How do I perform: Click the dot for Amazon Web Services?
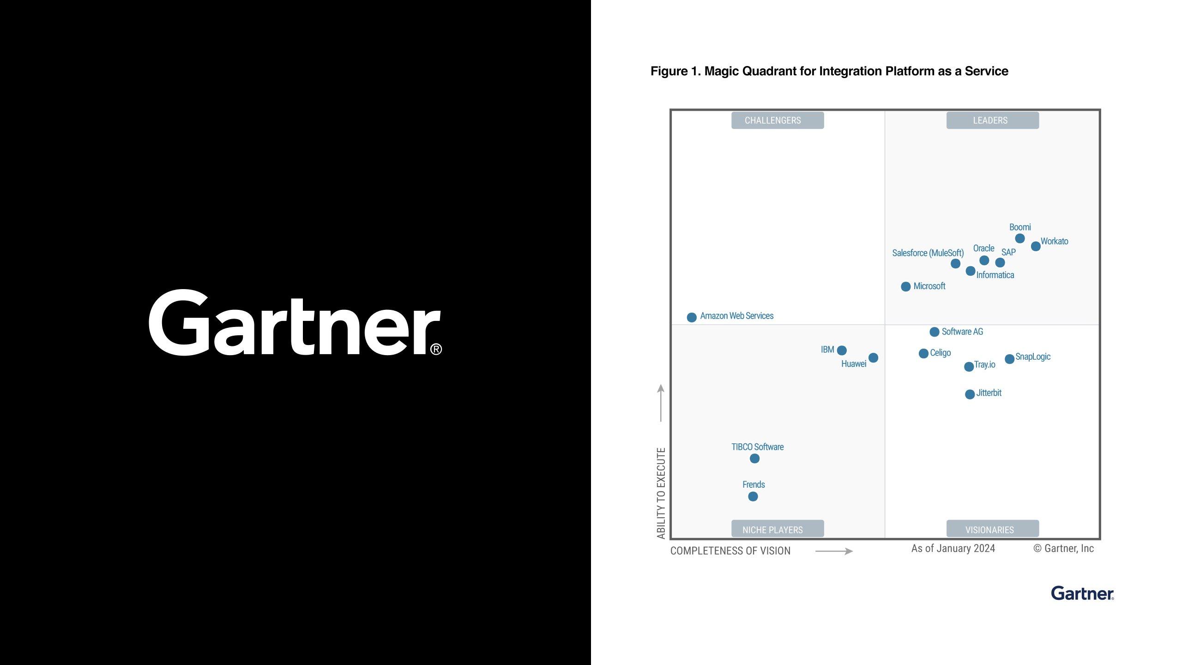point(692,317)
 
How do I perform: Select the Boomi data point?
point(1020,238)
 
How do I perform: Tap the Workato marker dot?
point(1036,246)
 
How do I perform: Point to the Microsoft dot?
point(906,286)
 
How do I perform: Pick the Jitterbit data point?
point(970,394)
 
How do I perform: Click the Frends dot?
point(753,496)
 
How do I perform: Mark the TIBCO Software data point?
point(754,458)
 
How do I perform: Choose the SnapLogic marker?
point(1009,359)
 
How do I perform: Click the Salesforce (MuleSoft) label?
point(928,253)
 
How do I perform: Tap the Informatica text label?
point(995,275)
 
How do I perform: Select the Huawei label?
point(854,364)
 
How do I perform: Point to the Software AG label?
point(962,332)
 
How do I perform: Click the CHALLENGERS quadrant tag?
point(778,120)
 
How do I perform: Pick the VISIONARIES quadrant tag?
point(993,529)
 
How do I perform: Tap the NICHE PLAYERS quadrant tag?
point(778,529)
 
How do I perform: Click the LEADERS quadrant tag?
point(993,120)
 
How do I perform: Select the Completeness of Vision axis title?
point(730,550)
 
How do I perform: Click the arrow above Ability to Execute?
point(661,403)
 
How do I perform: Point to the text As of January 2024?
point(953,548)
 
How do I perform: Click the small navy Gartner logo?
point(1082,593)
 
